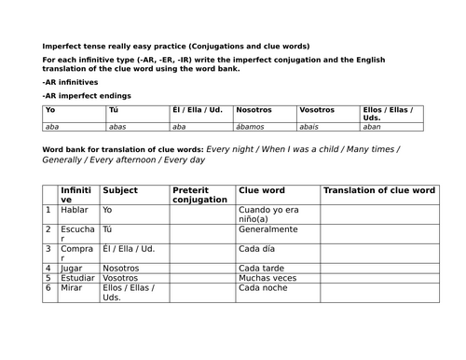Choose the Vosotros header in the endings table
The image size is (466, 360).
[317, 110]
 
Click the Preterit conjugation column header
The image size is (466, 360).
[199, 195]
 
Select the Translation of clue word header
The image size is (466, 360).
[378, 190]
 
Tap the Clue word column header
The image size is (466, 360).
[261, 190]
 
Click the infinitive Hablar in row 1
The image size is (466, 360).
[74, 211]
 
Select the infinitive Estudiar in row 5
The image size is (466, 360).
[76, 278]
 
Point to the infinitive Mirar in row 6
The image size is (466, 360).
[71, 288]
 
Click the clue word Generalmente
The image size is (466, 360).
[268, 229]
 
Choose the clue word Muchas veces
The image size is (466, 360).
[267, 278]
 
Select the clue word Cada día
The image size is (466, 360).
[256, 249]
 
